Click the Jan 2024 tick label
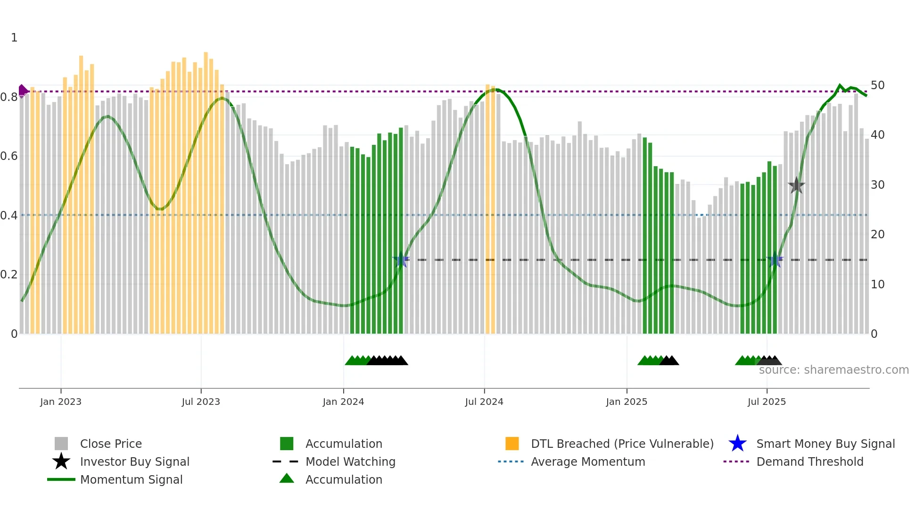tap(343, 402)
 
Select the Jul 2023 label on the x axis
tap(201, 402)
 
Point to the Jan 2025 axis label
tap(627, 402)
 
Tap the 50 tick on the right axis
tap(877, 85)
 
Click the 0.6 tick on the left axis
tap(9, 156)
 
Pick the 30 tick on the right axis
tap(877, 185)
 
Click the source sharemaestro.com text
tap(833, 370)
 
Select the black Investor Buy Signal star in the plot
tap(796, 186)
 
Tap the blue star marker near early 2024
tap(401, 260)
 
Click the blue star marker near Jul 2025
tap(775, 260)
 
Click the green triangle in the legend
tap(287, 479)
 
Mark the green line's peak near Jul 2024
tap(495, 89)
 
